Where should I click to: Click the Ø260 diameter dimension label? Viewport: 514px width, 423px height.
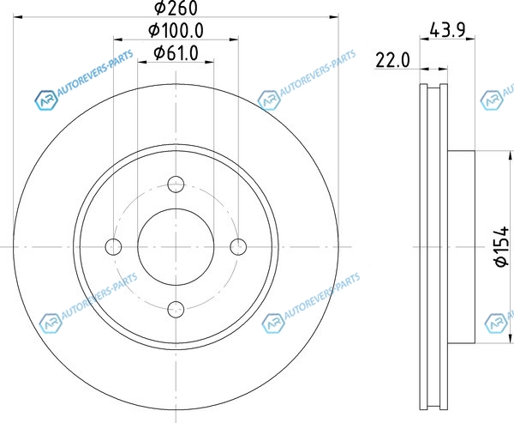pos(176,8)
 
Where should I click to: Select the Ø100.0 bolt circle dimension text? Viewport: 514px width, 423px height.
pos(176,31)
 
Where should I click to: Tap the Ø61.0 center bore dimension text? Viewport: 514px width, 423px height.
pos(176,53)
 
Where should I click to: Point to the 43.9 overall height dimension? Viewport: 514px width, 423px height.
pos(447,31)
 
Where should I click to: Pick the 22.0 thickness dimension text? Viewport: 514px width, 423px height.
pos(392,60)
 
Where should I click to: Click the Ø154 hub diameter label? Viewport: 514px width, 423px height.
pos(502,246)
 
